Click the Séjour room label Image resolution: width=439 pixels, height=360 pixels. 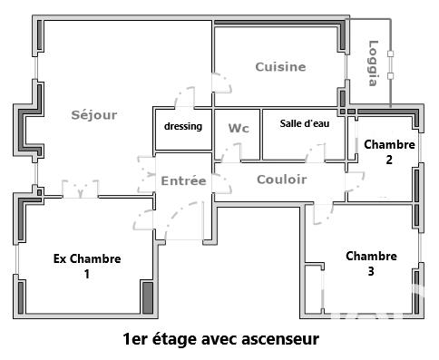coord(94,114)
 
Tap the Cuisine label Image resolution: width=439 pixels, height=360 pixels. coord(280,67)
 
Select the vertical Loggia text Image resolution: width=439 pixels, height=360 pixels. coord(372,63)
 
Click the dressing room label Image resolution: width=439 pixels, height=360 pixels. coord(183,126)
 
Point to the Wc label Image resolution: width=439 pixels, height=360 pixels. coord(238,128)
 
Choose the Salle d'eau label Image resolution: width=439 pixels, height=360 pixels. coord(305,124)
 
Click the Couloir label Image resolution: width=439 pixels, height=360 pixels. coord(281,180)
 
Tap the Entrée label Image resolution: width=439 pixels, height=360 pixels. coord(183,181)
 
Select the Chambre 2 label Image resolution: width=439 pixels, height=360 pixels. coord(389,151)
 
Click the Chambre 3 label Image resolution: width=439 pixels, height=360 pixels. coord(371,263)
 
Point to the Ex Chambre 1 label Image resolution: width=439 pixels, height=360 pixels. coord(87,267)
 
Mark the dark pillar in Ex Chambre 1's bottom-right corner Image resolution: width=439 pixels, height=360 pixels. coord(147,297)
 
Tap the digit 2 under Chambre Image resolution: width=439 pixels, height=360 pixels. coord(389,160)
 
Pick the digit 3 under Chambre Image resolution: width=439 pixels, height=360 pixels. coord(371,271)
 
